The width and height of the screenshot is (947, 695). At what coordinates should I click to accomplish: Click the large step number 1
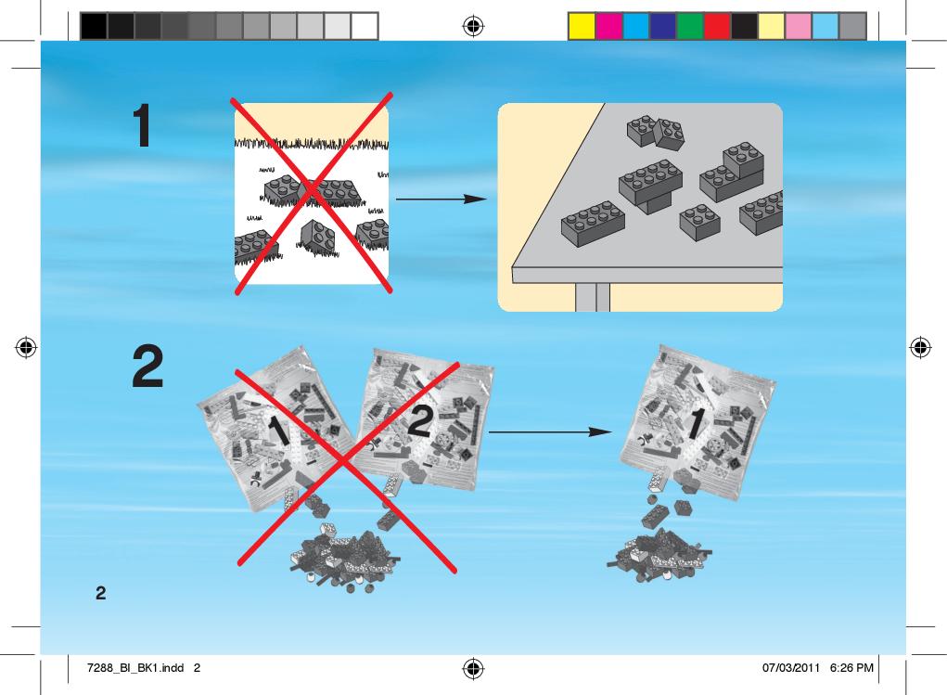pyautogui.click(x=143, y=125)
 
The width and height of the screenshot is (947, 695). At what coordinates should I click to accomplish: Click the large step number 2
pyautogui.click(x=147, y=366)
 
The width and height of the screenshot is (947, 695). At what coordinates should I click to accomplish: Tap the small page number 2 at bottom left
pyautogui.click(x=100, y=593)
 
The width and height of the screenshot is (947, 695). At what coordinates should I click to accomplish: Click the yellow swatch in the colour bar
pyautogui.click(x=582, y=27)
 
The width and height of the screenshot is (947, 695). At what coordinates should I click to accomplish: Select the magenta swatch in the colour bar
pyautogui.click(x=608, y=27)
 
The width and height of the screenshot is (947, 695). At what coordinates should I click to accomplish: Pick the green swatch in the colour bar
pyautogui.click(x=690, y=27)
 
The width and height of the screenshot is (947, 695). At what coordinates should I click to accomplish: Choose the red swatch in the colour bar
pyautogui.click(x=717, y=27)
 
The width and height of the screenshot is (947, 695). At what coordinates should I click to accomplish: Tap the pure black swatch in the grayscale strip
pyautogui.click(x=94, y=27)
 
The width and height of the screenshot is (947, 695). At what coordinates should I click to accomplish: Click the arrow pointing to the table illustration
pyautogui.click(x=442, y=199)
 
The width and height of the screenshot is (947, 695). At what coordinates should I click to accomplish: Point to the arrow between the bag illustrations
pyautogui.click(x=550, y=431)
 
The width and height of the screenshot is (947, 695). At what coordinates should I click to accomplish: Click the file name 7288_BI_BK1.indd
pyautogui.click(x=135, y=668)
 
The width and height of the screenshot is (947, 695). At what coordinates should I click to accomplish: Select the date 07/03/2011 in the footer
pyautogui.click(x=791, y=668)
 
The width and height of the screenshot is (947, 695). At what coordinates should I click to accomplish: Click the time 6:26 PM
pyautogui.click(x=851, y=668)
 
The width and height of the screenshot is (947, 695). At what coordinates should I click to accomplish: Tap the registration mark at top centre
pyautogui.click(x=473, y=26)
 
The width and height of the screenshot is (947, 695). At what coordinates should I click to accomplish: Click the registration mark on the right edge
pyautogui.click(x=920, y=347)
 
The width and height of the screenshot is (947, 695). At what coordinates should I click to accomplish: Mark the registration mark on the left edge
pyautogui.click(x=26, y=347)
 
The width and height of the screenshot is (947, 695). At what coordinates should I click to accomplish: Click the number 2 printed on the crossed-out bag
pyautogui.click(x=420, y=420)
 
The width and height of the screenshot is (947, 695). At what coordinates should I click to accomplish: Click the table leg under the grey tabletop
pyautogui.click(x=593, y=297)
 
